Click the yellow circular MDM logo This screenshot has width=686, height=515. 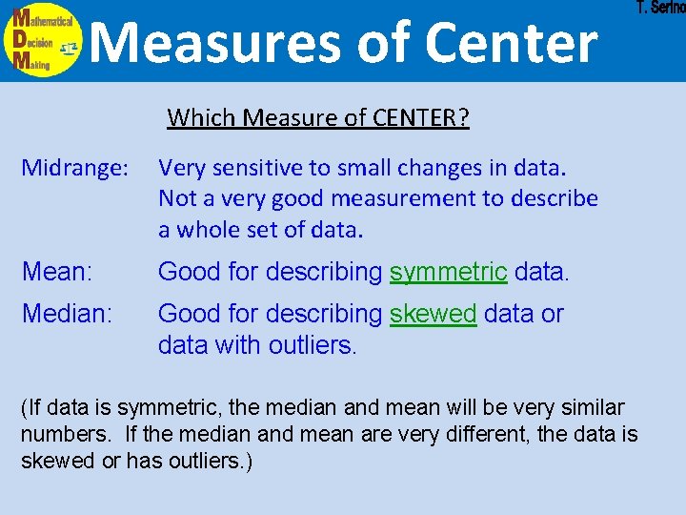(x=44, y=41)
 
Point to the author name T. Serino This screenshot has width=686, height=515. (x=659, y=9)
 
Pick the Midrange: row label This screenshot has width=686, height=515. (x=75, y=168)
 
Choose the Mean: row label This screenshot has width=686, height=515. (x=56, y=272)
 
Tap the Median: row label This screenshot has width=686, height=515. (x=67, y=314)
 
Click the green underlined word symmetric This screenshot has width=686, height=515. (x=448, y=272)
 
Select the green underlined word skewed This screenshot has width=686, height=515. (x=434, y=314)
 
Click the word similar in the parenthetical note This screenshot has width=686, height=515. (x=593, y=408)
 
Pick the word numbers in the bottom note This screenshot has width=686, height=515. (x=61, y=435)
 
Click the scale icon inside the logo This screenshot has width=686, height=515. (x=68, y=48)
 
